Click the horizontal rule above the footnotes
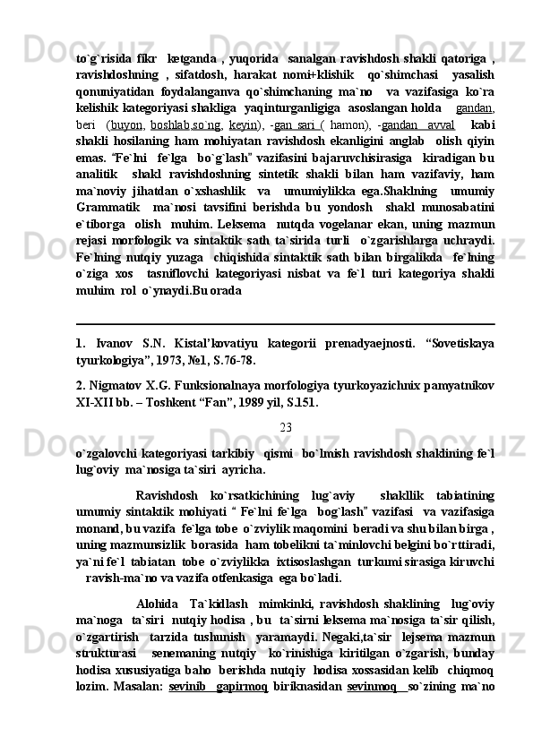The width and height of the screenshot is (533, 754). click(286, 323)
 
